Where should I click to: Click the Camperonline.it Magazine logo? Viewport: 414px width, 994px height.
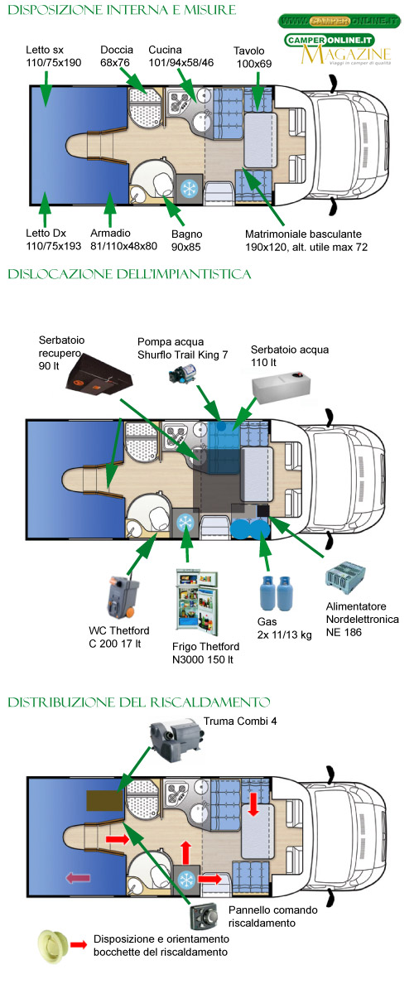point(338,50)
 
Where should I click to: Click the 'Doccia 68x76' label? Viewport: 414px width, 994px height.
point(116,56)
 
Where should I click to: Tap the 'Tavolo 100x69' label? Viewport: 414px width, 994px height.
point(253,57)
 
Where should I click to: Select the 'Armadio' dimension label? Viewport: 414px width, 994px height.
point(123,239)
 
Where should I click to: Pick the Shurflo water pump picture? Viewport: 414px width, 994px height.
point(182,374)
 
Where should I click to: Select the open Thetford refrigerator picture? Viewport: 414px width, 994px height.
point(197,601)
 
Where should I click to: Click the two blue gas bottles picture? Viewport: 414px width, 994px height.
point(275,593)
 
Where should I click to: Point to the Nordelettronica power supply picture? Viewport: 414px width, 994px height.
point(345,578)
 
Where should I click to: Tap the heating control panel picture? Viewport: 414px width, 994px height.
point(205,916)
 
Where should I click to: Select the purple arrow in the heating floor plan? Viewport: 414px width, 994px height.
point(78,877)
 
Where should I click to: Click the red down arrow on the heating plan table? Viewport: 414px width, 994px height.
point(253,804)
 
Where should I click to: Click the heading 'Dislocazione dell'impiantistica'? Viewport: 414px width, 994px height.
point(129,274)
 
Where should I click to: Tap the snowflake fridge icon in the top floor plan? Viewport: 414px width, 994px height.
point(190,190)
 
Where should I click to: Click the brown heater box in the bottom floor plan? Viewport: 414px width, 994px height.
point(104,800)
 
